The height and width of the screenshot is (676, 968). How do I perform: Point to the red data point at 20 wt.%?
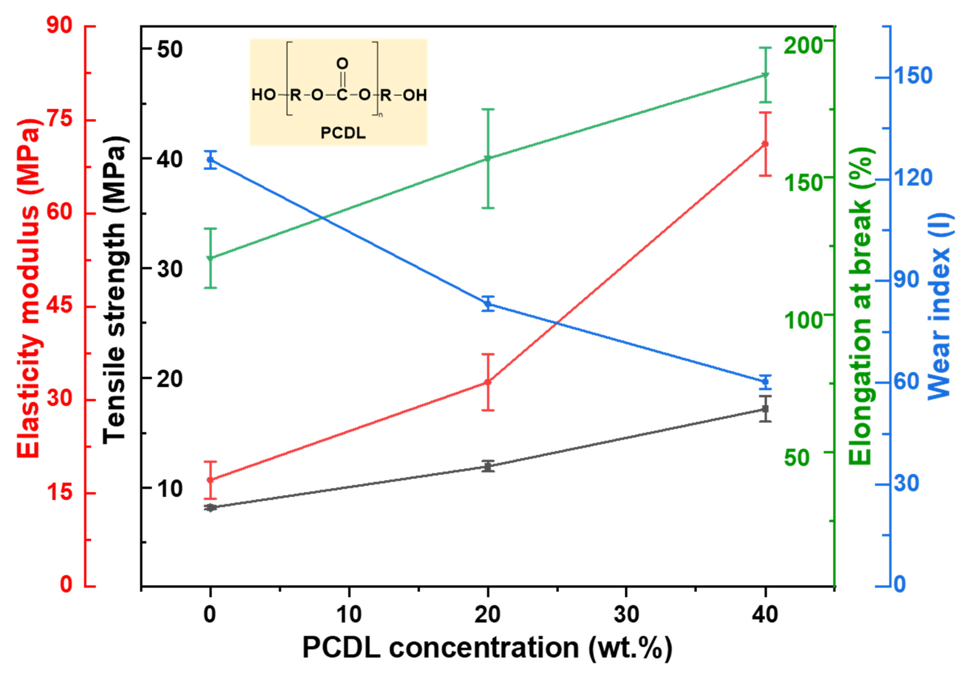(x=488, y=382)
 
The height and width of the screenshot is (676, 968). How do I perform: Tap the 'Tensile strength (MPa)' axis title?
(x=114, y=289)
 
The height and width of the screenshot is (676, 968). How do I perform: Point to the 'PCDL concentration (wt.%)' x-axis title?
(x=487, y=648)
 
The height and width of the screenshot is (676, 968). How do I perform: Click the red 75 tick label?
(x=60, y=120)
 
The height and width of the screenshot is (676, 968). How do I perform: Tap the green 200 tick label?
(x=803, y=45)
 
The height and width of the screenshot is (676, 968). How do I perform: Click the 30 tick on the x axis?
(x=626, y=615)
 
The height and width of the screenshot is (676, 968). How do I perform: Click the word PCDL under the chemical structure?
(x=343, y=133)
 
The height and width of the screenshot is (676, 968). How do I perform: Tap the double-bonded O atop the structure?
(x=342, y=64)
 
